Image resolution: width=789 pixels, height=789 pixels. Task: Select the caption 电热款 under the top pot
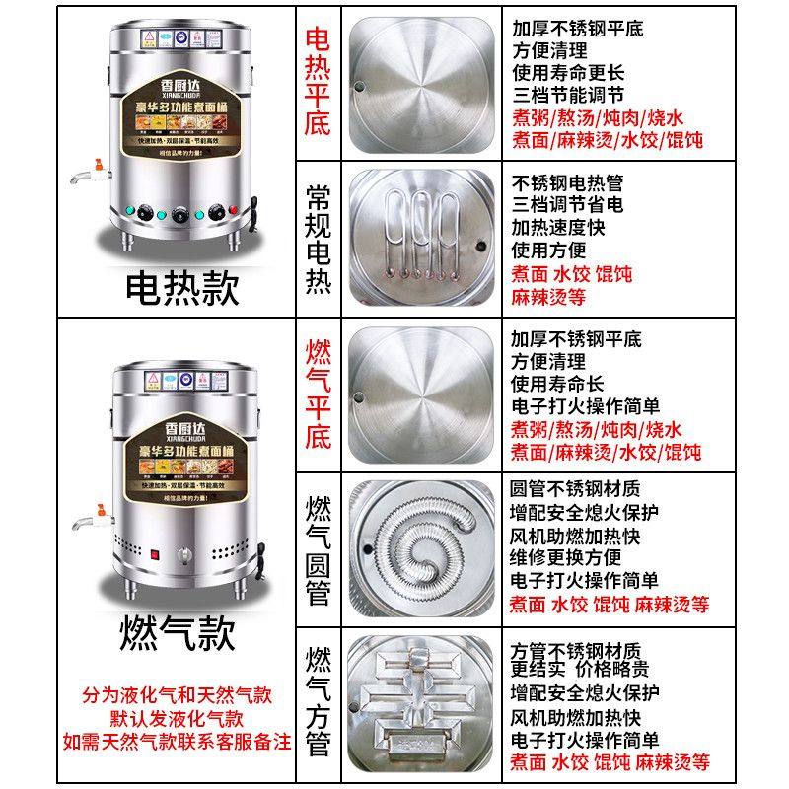pos(182,287)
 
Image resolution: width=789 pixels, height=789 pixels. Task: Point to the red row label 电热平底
pos(318,81)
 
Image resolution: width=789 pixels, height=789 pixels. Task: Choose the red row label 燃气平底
pos(319,394)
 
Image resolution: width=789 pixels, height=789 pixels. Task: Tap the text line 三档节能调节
pos(567,96)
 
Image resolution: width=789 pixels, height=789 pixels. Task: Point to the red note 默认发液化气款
pos(177,719)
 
